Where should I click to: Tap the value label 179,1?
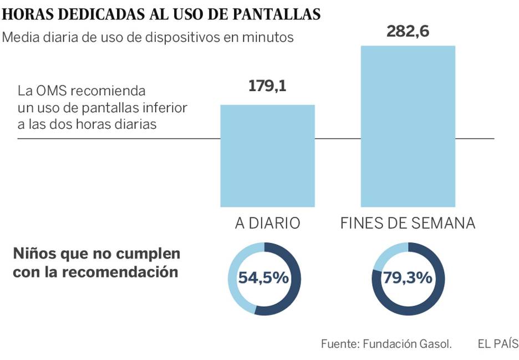click(267, 87)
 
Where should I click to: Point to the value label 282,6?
click(408, 32)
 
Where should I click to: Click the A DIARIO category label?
click(267, 223)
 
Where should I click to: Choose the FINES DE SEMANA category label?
click(408, 223)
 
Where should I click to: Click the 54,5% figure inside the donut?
click(264, 278)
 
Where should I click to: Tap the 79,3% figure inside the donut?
click(409, 278)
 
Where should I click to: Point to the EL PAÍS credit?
click(497, 343)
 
